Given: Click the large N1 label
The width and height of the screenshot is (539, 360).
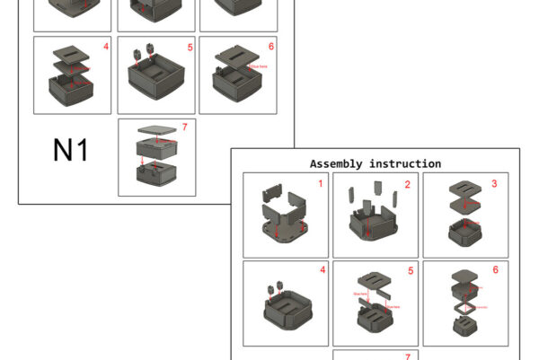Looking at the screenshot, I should [x=70, y=150].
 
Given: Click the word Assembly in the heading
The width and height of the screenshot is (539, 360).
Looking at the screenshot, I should [x=337, y=163].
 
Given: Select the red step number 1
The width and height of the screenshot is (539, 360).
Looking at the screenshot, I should [x=320, y=183].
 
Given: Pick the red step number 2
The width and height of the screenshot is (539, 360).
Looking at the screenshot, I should [x=407, y=184].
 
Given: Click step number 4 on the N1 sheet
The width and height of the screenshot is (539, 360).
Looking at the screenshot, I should [x=106, y=46].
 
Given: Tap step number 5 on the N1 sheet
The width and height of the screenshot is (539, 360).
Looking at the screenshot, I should [x=190, y=47].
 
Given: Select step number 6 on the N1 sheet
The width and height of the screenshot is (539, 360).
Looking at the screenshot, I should [x=270, y=46].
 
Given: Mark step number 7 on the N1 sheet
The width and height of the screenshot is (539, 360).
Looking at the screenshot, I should [x=183, y=127].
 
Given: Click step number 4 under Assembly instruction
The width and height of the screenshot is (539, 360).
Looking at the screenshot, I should [x=320, y=269].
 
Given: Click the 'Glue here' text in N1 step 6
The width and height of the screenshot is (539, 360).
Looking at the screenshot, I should [x=261, y=66].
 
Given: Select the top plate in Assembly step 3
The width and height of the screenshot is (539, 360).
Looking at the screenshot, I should [x=464, y=189].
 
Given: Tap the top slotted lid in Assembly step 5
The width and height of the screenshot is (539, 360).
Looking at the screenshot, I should [x=376, y=279].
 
